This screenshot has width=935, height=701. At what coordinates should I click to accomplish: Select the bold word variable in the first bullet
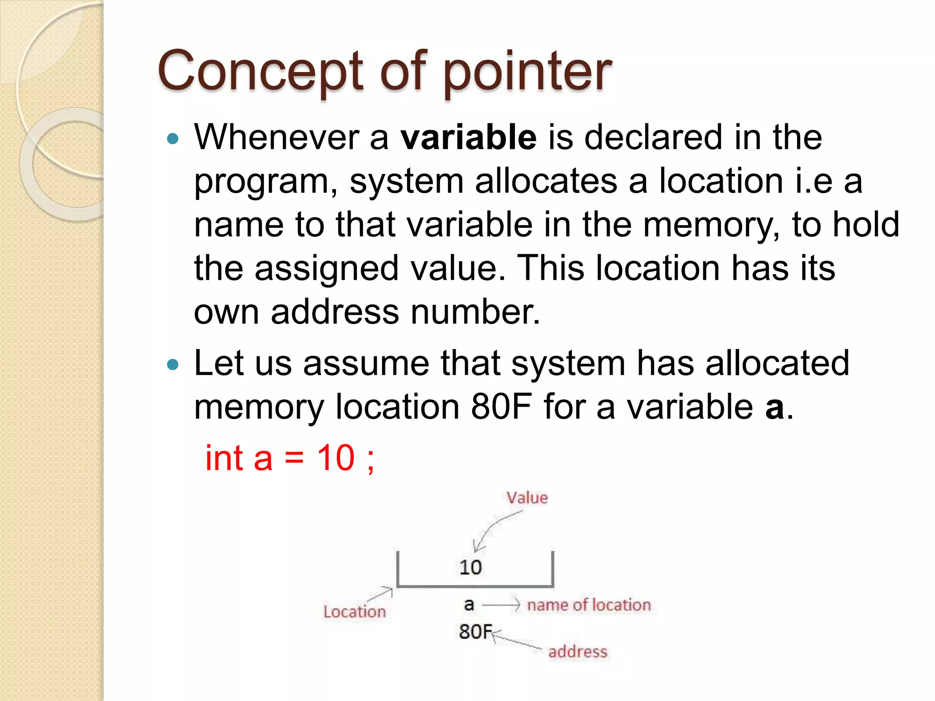pyautogui.click(x=468, y=137)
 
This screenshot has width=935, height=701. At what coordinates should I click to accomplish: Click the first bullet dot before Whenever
pyautogui.click(x=173, y=138)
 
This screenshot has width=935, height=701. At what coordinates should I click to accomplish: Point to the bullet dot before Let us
pyautogui.click(x=173, y=364)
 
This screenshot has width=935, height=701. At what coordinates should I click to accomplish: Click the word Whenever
pyautogui.click(x=276, y=137)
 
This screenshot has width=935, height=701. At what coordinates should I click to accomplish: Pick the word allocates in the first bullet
pyautogui.click(x=546, y=181)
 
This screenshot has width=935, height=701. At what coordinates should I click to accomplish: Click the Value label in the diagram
pyautogui.click(x=527, y=497)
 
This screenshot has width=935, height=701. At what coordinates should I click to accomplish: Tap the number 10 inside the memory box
pyautogui.click(x=470, y=567)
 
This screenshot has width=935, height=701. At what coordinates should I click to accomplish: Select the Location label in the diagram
pyautogui.click(x=355, y=612)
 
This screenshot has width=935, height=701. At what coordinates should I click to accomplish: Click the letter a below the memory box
pyautogui.click(x=469, y=605)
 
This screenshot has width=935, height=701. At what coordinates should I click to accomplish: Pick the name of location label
pyautogui.click(x=589, y=605)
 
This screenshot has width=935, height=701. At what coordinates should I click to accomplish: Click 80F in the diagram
pyautogui.click(x=475, y=632)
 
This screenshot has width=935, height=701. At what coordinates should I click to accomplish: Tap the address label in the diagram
pyautogui.click(x=578, y=652)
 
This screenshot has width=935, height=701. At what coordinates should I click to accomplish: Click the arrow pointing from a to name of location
pyautogui.click(x=501, y=605)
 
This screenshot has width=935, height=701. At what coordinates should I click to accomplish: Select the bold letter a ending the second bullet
pyautogui.click(x=774, y=408)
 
